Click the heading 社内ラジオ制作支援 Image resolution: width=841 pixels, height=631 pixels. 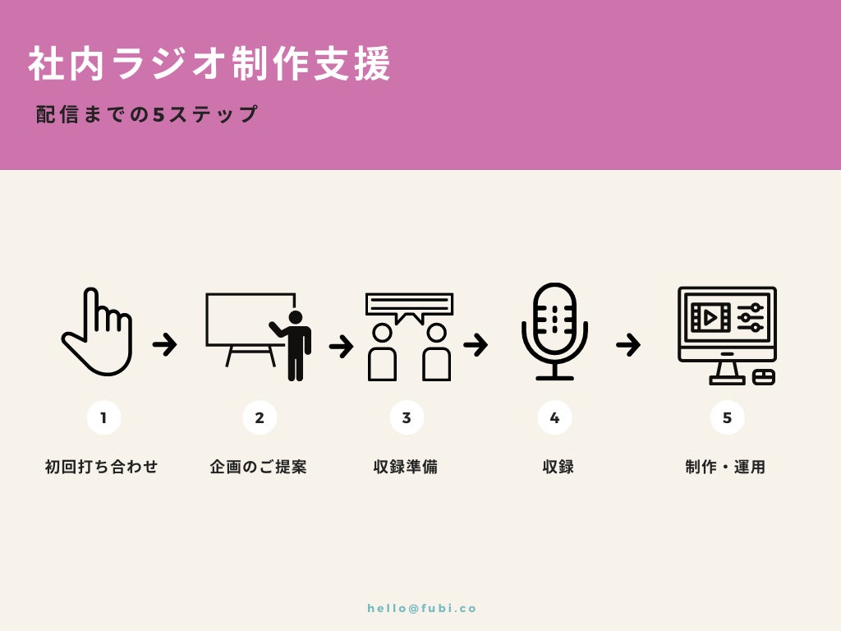[x=210, y=64]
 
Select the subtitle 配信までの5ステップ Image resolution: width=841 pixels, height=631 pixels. [x=147, y=114]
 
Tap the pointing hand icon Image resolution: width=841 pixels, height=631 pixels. [x=98, y=333]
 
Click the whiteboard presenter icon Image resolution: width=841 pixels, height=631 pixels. [x=258, y=336]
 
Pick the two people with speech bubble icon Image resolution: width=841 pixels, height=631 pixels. [x=409, y=337]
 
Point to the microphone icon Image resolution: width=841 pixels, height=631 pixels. [x=554, y=332]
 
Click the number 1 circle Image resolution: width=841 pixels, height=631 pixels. [x=103, y=417]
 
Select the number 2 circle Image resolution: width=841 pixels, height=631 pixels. [x=260, y=417]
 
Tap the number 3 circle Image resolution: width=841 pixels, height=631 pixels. [x=407, y=417]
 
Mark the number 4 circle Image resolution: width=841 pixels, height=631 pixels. [x=554, y=417]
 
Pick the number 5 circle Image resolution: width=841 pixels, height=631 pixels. [x=727, y=417]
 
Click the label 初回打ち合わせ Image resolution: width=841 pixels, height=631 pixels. [x=102, y=467]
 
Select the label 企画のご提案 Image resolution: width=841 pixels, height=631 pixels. [x=259, y=467]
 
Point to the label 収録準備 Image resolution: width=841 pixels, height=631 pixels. [x=406, y=467]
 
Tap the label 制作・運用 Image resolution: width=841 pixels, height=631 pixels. [x=726, y=467]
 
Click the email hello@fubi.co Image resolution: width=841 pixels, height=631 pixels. [x=422, y=609]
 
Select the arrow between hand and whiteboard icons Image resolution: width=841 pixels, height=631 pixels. [x=165, y=344]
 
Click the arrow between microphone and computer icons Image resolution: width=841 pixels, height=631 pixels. [x=628, y=344]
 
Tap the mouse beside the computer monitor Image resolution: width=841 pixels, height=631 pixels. [x=764, y=377]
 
